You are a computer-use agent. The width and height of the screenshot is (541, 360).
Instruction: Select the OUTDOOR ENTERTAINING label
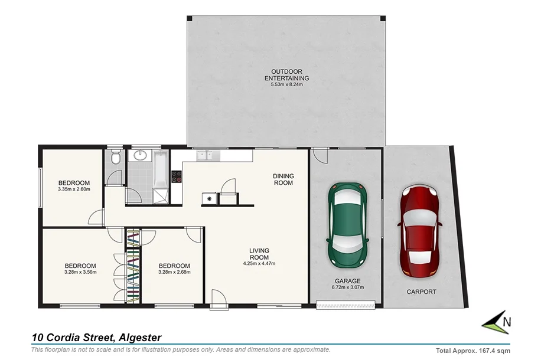tap(286, 75)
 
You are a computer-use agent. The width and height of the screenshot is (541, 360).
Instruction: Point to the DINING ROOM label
tap(283, 179)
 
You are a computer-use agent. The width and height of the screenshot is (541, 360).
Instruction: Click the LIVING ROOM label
tap(259, 254)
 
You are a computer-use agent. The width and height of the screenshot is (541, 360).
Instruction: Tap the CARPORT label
tap(421, 292)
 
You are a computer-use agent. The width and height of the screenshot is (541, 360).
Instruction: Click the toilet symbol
tap(116, 158)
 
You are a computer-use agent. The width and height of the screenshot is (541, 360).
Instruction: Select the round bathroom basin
tap(141, 156)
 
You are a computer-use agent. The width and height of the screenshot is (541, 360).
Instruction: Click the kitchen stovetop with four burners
tap(176, 176)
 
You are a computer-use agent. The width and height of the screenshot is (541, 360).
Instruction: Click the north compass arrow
tap(495, 322)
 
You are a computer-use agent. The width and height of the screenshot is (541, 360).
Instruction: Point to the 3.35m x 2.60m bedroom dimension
tap(74, 189)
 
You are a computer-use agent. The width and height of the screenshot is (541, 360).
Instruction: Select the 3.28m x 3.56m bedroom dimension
tap(80, 272)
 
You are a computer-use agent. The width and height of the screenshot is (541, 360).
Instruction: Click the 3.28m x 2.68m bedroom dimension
tap(174, 272)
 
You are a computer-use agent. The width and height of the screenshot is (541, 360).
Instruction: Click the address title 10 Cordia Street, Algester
tap(96, 338)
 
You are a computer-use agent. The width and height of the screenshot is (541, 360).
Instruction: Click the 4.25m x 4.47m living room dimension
tap(259, 264)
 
